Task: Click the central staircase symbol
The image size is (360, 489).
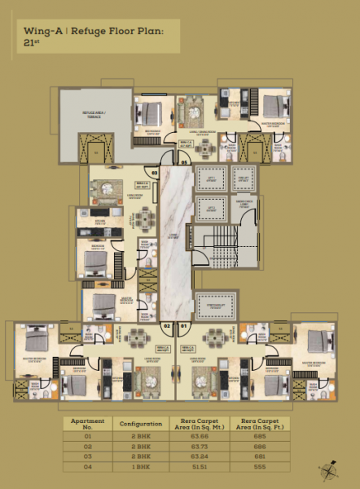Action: point(214,244)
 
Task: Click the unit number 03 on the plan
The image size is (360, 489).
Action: point(154,172)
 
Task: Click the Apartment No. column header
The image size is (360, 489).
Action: point(89,424)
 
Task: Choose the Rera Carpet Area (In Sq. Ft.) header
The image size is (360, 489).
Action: point(259,424)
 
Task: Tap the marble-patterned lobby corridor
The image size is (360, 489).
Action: point(172,244)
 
